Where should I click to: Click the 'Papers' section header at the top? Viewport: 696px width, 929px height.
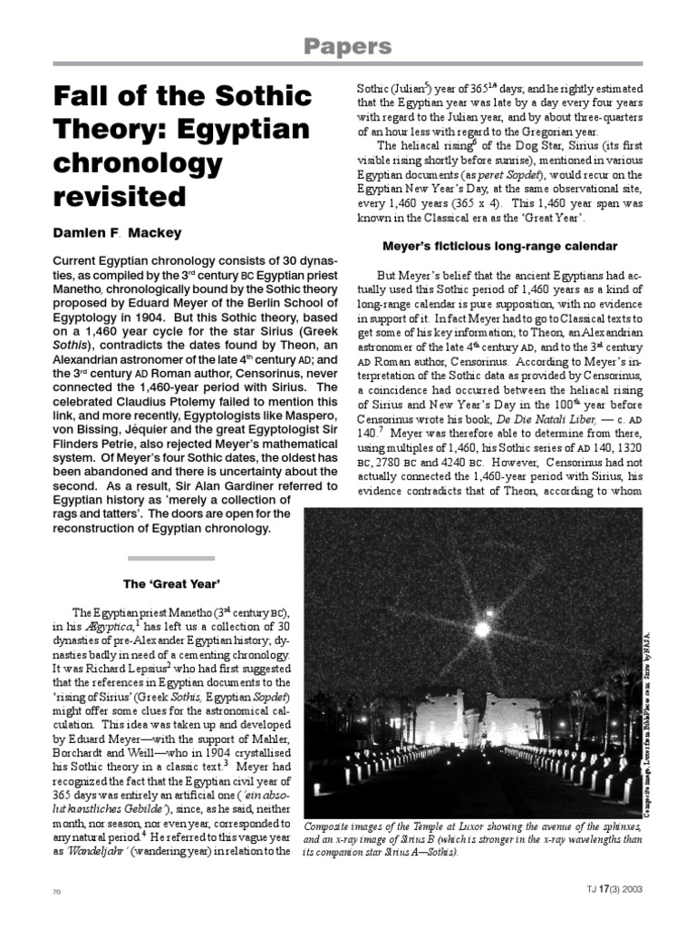[347, 46]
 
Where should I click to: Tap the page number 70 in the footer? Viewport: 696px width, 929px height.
[56, 892]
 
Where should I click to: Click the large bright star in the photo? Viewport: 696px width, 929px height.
[479, 628]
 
